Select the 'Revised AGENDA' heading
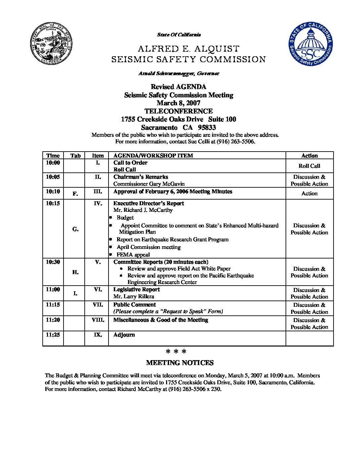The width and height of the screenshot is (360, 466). (178, 87)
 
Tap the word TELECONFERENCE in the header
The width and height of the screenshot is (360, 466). (178, 111)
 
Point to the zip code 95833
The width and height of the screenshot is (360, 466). (207, 127)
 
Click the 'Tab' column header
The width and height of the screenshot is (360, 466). (75, 156)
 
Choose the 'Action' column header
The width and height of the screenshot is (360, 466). (309, 156)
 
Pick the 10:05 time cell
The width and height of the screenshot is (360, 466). (53, 177)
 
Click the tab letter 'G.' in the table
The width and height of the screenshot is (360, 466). (75, 229)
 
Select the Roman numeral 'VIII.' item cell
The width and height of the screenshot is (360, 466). (98, 320)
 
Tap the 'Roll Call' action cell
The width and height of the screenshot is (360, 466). (309, 166)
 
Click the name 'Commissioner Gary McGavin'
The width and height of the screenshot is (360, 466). (149, 184)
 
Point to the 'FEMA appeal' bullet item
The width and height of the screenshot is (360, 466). (133, 255)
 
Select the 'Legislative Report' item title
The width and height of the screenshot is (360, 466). (136, 290)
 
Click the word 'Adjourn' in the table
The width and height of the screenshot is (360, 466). (124, 335)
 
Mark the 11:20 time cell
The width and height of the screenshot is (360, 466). (53, 320)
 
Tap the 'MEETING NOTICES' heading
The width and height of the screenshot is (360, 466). (180, 363)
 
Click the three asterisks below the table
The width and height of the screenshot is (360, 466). (176, 351)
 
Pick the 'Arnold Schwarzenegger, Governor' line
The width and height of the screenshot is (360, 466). (179, 73)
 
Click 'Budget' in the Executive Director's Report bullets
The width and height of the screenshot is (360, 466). (125, 217)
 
